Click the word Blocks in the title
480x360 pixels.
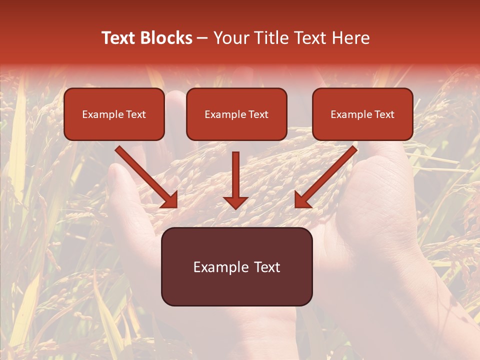[x=165, y=38]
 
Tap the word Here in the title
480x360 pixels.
[x=351, y=38]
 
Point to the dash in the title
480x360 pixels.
[x=203, y=38]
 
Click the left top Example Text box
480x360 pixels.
[x=114, y=114]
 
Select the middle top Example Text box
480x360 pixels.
[x=236, y=114]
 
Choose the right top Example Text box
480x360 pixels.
[x=362, y=114]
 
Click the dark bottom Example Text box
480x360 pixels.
[x=236, y=267]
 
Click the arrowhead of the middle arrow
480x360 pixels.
[x=235, y=202]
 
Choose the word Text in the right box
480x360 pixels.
[x=384, y=114]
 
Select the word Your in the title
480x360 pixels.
[x=231, y=38]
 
